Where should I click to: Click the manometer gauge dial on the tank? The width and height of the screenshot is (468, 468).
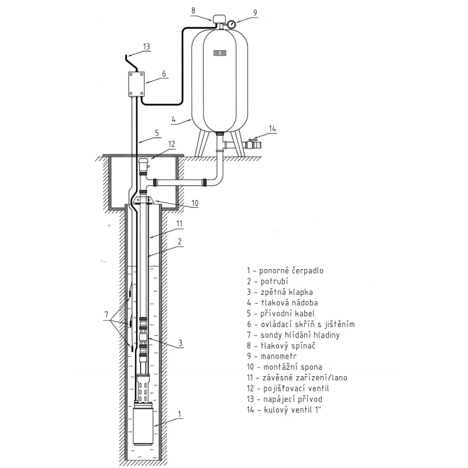coord(231,24)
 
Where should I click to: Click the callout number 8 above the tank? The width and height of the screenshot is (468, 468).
coord(195,9)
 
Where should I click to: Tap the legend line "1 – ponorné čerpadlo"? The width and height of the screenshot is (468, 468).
coord(285,271)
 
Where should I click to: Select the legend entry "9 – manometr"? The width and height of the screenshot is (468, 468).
coord(274,356)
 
